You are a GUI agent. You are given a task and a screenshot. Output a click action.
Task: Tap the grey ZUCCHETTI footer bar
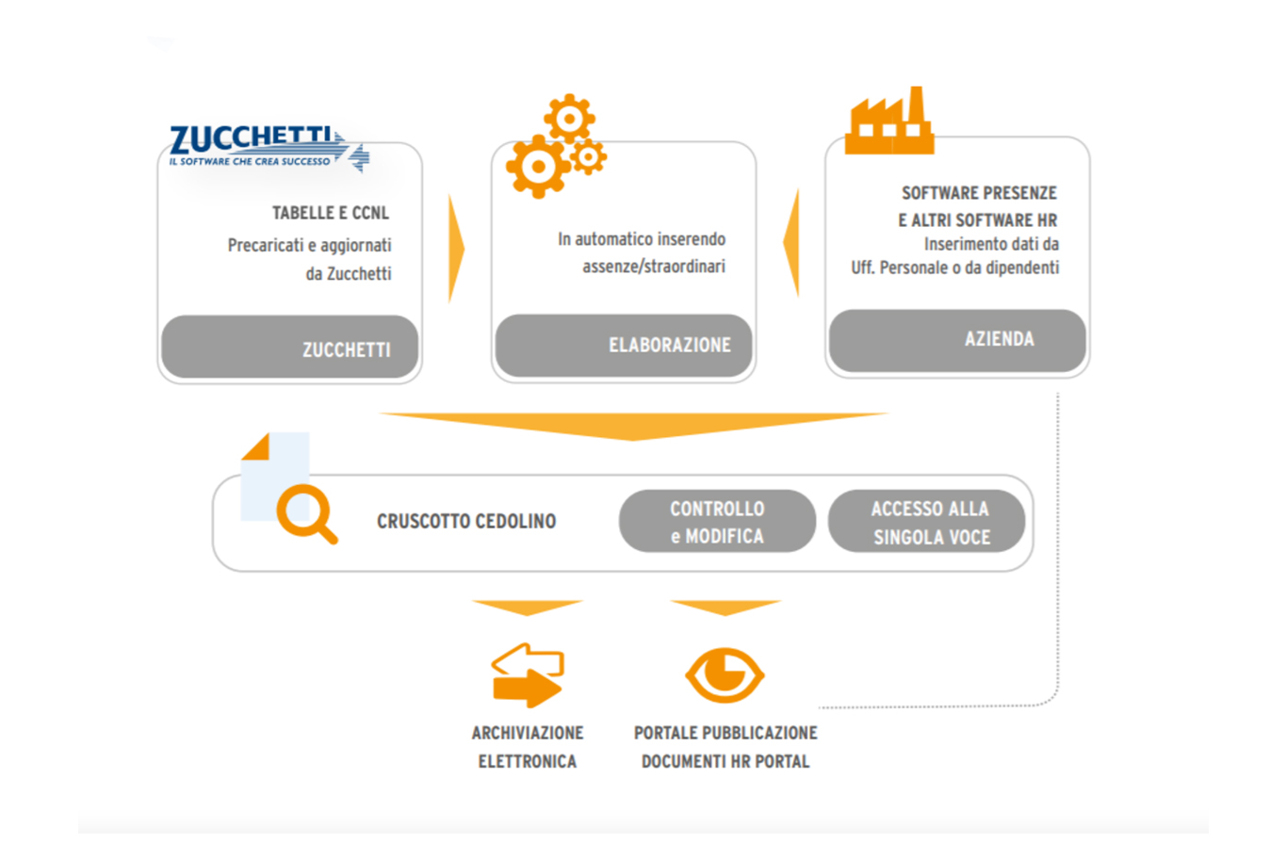290,348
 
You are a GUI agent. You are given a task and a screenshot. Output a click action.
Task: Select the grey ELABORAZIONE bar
624,345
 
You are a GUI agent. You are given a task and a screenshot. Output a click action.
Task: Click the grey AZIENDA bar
957,340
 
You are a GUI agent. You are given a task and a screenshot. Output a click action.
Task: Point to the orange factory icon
889,122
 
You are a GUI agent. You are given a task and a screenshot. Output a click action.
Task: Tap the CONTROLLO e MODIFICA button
717,522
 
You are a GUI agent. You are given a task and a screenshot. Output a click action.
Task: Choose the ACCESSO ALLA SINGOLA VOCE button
928,522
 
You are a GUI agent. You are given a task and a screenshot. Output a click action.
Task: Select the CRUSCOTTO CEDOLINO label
466,522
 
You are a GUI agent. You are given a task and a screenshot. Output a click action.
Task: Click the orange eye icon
724,674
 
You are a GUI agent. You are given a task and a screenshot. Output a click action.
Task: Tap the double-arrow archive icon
528,674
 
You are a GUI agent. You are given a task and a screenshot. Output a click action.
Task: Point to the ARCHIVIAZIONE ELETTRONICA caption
528,747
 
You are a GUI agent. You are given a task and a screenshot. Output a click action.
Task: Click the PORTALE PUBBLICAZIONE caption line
725,733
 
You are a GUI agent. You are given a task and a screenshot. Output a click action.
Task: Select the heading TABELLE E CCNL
330,213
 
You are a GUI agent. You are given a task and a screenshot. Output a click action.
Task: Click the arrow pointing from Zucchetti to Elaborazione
456,249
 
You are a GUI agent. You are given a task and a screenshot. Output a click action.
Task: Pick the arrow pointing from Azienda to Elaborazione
791,243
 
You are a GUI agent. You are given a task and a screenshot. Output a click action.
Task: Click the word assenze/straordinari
654,267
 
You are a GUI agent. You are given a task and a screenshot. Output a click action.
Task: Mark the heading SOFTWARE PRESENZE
979,193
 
